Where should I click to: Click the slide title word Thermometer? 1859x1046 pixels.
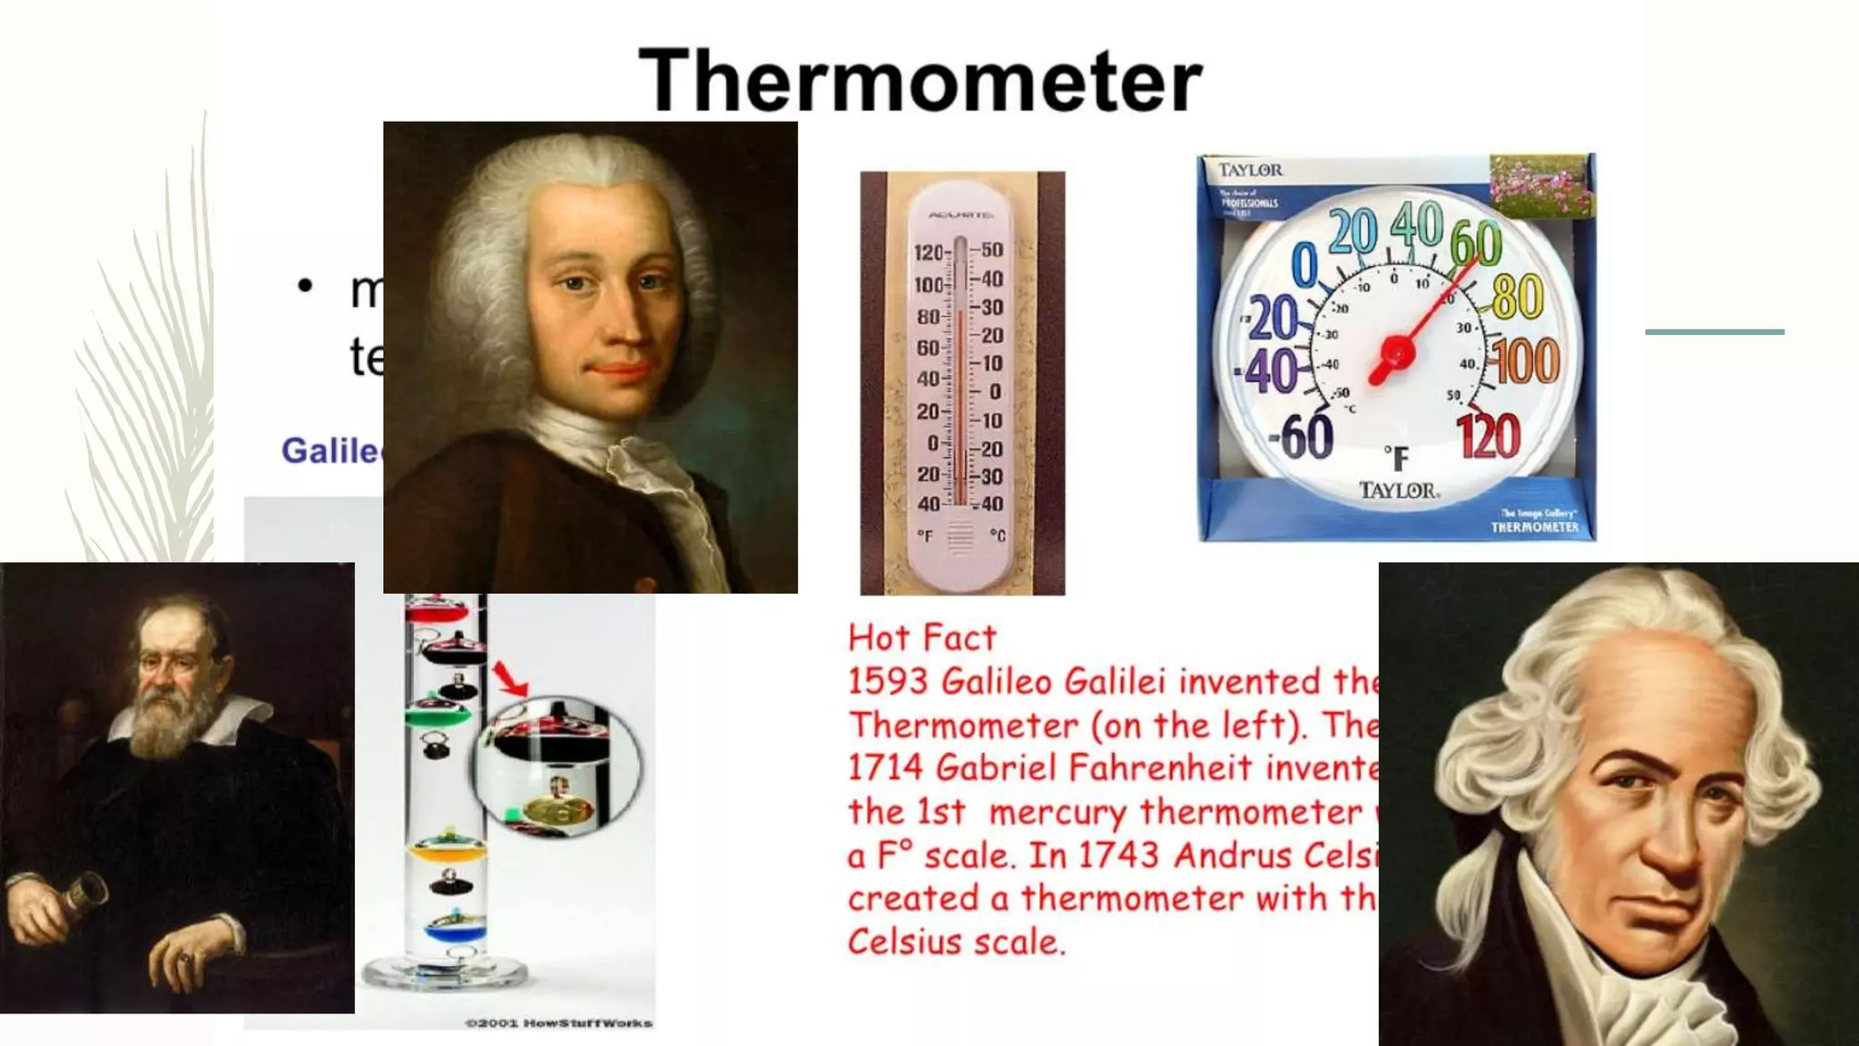coord(920,82)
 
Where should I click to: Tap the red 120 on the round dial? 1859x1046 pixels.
coord(1488,437)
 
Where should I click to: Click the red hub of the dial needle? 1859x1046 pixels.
coord(1397,353)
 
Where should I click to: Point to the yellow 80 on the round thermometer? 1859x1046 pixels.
coord(1517,296)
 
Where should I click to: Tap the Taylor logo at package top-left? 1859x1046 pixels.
coord(1250,170)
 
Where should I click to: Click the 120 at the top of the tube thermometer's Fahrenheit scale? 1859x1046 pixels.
coord(929,253)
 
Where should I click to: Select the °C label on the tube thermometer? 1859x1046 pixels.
coord(997,536)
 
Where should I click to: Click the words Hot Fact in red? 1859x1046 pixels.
coord(921,638)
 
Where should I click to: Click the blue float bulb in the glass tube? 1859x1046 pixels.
coord(455,930)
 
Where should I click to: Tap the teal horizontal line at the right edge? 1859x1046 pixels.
coord(1714,332)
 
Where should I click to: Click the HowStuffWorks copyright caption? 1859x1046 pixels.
coord(558,1023)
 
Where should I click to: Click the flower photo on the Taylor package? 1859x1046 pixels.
coord(1540,185)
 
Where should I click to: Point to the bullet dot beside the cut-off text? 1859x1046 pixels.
coord(305,286)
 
